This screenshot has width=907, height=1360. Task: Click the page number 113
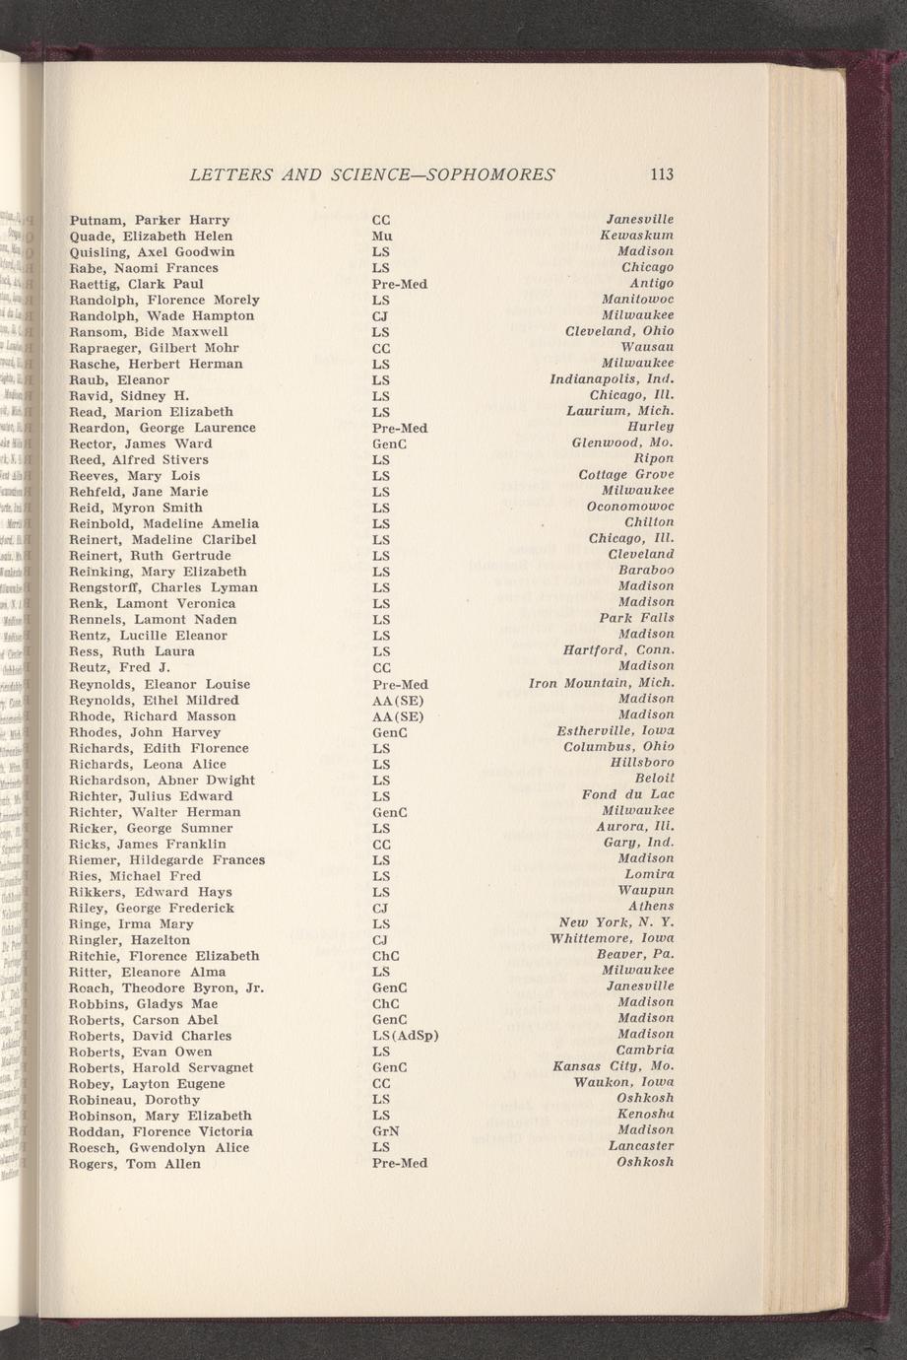click(x=662, y=174)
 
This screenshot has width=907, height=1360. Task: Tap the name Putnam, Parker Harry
click(x=150, y=220)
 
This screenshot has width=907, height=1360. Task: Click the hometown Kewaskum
click(x=637, y=235)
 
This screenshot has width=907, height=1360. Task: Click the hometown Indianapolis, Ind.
click(x=612, y=379)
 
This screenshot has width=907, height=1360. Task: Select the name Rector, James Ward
click(x=140, y=443)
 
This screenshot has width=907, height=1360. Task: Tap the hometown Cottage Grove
click(x=626, y=475)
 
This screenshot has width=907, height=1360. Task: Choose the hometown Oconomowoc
click(x=630, y=507)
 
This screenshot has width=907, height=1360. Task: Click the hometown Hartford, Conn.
click(x=618, y=650)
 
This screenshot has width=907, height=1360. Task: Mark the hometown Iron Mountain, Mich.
click(x=602, y=682)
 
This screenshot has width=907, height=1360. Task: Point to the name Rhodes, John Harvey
click(x=145, y=732)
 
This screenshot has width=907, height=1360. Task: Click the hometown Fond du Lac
click(x=628, y=794)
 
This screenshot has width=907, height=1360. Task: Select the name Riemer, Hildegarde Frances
click(x=166, y=860)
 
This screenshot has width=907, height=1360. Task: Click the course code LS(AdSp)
click(x=405, y=1036)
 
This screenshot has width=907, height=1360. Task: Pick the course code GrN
click(x=385, y=1131)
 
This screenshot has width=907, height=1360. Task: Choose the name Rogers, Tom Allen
click(x=134, y=1164)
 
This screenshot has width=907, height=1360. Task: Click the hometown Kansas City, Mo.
click(x=614, y=1066)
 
